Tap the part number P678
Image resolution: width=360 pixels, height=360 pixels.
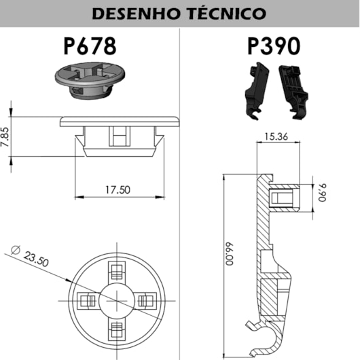90,46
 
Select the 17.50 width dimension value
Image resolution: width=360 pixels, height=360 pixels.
118,190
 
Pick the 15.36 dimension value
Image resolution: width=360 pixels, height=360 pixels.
275,137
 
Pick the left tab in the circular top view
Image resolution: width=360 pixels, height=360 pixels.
87,300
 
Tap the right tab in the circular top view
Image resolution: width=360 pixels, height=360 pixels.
145,300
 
